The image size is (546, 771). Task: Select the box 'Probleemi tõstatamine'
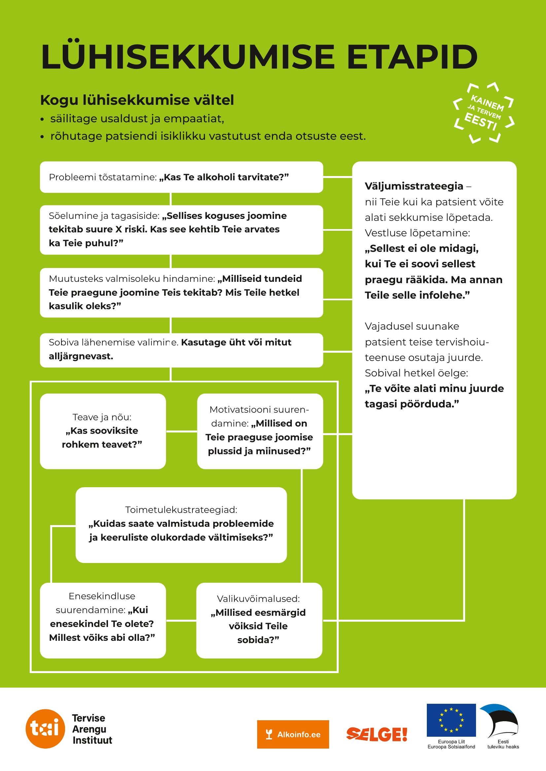click(x=181, y=177)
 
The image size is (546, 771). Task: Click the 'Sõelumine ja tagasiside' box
click(x=181, y=230)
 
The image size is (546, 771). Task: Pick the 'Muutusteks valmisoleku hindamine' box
click(x=181, y=292)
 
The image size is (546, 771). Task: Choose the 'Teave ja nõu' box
click(x=103, y=431)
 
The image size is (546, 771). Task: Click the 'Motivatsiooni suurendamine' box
click(x=259, y=431)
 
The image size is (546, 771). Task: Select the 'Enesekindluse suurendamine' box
click(x=103, y=620)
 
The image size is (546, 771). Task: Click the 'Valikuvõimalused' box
click(x=259, y=620)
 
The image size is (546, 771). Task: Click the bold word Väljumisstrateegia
click(x=414, y=186)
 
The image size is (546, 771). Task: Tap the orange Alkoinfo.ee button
click(x=293, y=734)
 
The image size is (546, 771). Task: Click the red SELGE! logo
click(x=377, y=734)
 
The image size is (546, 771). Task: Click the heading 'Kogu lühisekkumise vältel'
click(x=137, y=100)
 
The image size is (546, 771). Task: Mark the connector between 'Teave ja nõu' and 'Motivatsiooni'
click(x=182, y=431)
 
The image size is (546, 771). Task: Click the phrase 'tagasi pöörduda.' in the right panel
click(x=412, y=404)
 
